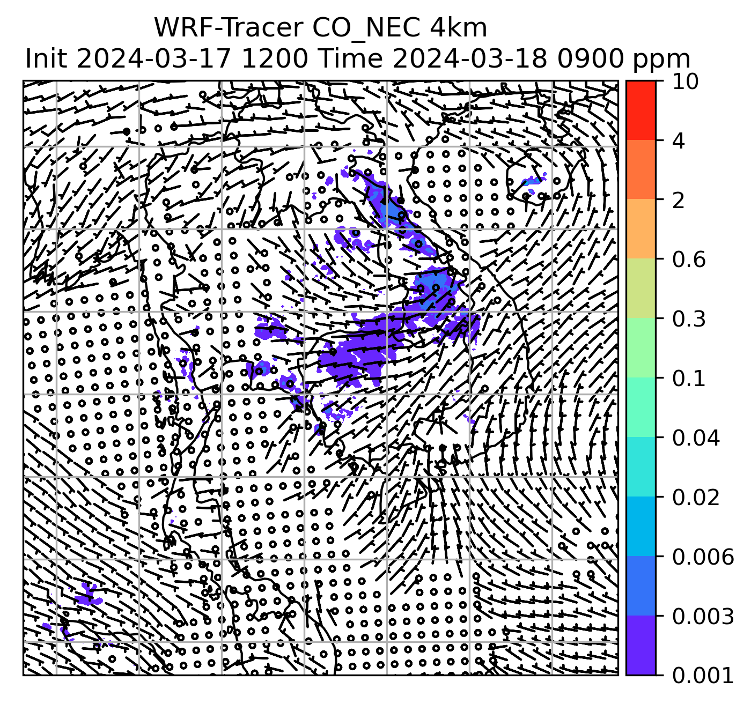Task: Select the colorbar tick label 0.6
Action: (x=689, y=260)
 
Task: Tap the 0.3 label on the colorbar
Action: (x=689, y=319)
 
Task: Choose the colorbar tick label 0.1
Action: (x=689, y=379)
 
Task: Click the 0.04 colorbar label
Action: (x=696, y=438)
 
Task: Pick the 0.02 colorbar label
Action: (x=696, y=498)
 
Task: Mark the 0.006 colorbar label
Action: (x=703, y=557)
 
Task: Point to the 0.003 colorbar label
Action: (x=703, y=617)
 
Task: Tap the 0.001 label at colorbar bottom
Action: (x=703, y=676)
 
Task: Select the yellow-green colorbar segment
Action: (x=641, y=289)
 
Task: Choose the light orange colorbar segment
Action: (x=641, y=229)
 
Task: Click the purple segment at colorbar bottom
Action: (x=641, y=646)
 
